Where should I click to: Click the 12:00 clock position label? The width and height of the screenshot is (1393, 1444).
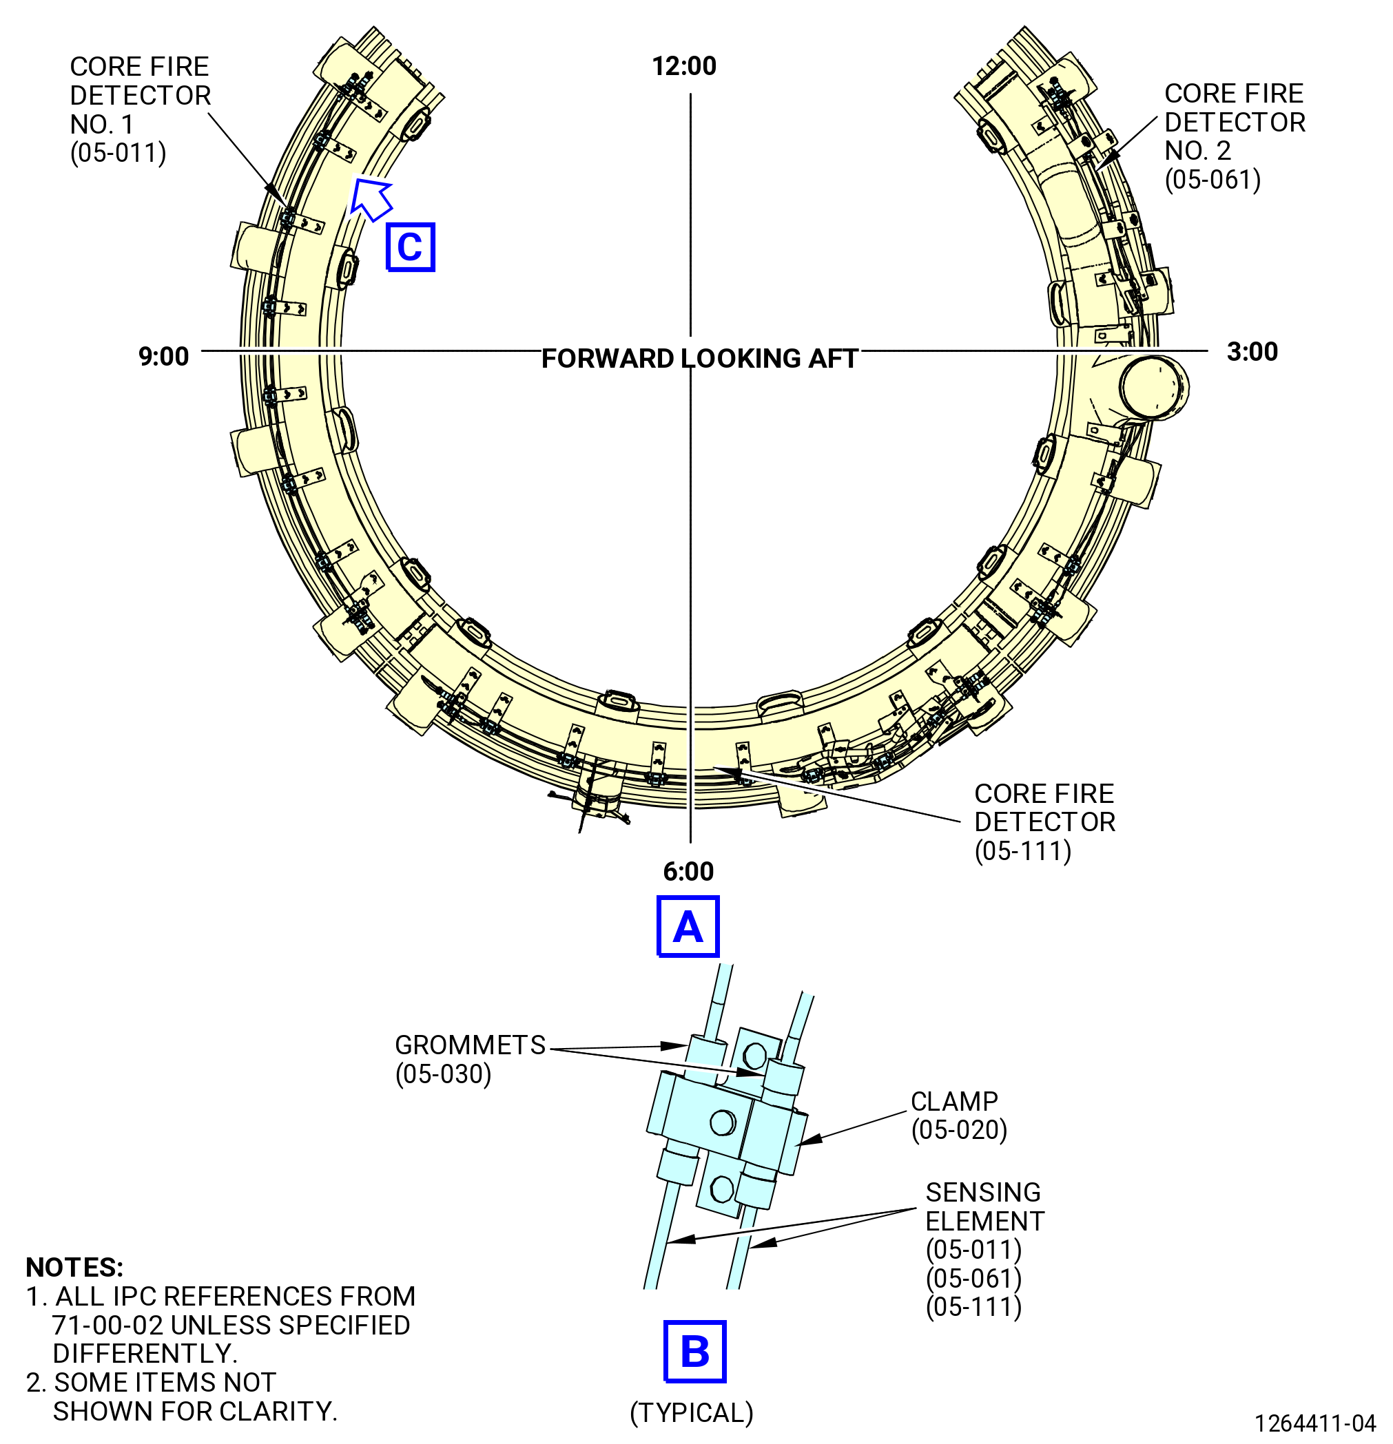[684, 66]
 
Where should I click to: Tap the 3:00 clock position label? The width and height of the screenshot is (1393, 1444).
[1252, 352]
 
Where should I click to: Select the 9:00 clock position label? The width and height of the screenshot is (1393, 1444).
[164, 357]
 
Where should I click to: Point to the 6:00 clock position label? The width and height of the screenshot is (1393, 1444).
[688, 872]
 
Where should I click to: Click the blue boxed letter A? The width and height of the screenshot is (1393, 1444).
[688, 927]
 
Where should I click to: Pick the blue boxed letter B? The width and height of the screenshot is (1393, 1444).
[695, 1352]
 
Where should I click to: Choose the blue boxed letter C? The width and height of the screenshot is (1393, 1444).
[411, 247]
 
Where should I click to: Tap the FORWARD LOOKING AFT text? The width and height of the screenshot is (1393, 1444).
[699, 359]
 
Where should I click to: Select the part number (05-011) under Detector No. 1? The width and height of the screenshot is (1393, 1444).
[118, 154]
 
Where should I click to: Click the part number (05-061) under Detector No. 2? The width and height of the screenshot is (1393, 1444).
[1213, 180]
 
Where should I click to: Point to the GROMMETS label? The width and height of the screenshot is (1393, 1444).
[471, 1045]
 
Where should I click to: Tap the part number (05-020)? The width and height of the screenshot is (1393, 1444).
[959, 1130]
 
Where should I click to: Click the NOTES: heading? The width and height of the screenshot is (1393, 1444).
[74, 1267]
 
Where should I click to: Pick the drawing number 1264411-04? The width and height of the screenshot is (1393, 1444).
[1316, 1423]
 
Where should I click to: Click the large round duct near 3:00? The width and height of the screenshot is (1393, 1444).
[1154, 388]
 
